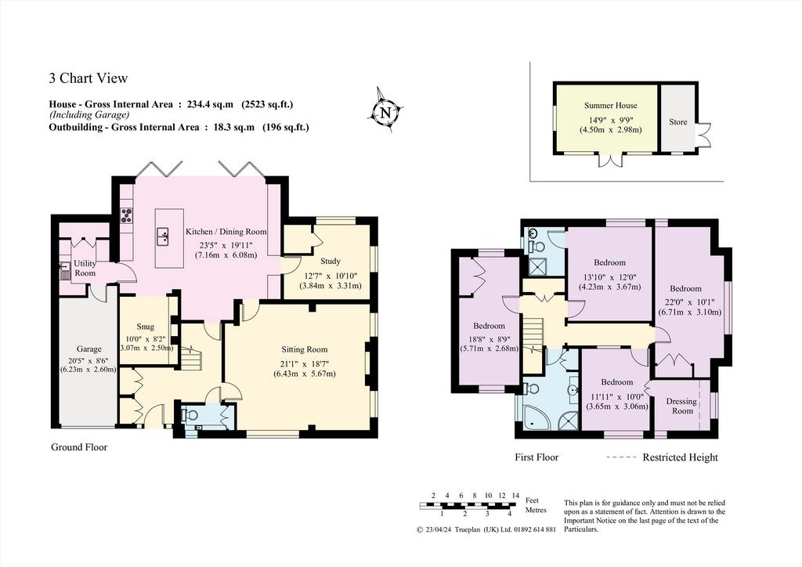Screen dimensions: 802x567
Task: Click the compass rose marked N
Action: click(385, 111)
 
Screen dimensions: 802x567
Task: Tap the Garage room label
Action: click(89, 349)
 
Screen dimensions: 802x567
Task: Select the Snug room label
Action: click(145, 327)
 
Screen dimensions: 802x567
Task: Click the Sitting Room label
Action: click(305, 350)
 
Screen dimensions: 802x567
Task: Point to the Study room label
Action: click(330, 262)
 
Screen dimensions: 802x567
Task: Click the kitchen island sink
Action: click(163, 237)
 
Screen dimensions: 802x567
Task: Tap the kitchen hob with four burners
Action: click(126, 215)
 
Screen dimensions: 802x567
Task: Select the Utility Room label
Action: click(85, 269)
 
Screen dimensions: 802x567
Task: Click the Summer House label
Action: click(611, 105)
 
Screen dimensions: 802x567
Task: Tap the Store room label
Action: click(677, 122)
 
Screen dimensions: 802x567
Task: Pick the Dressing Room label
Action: click(682, 406)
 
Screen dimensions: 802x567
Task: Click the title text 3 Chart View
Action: click(88, 78)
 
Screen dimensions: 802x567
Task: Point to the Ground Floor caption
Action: click(79, 447)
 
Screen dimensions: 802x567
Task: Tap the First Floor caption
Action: click(536, 457)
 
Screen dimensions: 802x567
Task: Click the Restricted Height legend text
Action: click(681, 457)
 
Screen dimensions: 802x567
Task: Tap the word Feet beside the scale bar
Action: click(533, 501)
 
